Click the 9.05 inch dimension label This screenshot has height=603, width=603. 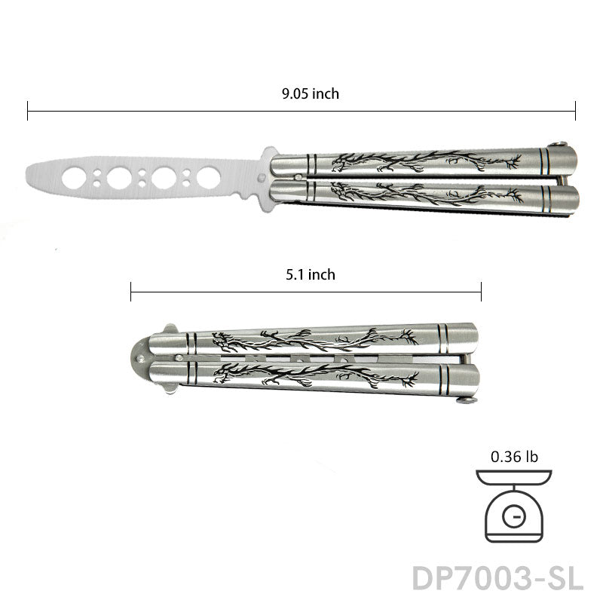point(311,93)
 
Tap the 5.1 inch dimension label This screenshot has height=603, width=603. point(311,274)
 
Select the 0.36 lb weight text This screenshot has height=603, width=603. point(514,457)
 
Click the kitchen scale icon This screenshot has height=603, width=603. point(514,506)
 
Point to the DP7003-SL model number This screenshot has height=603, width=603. point(497,578)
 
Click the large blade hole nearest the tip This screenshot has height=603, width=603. point(74,178)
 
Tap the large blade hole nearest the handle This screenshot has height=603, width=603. point(209,178)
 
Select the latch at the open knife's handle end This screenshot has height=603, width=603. point(559,145)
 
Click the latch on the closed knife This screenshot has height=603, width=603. point(467,400)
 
